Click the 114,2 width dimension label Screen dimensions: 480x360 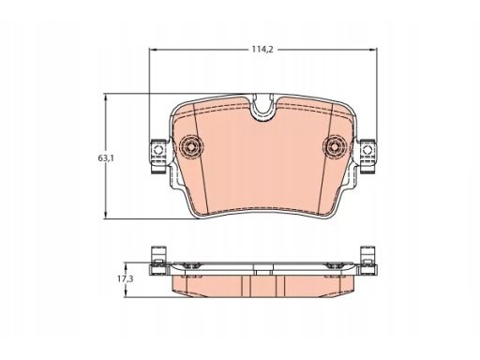click(x=262, y=49)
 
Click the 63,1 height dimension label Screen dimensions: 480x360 click(x=106, y=158)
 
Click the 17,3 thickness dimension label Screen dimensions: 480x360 click(x=126, y=279)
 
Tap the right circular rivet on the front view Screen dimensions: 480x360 click(x=334, y=146)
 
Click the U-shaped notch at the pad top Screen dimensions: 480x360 click(x=263, y=107)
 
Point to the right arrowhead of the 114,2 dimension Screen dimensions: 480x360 click(x=374, y=50)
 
